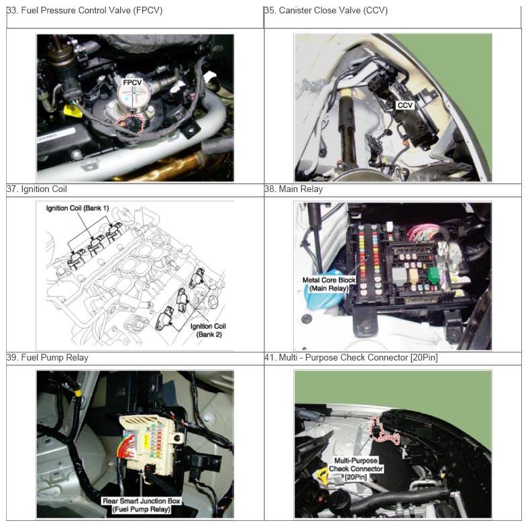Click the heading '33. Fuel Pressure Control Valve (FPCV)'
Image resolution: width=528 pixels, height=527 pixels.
(85, 11)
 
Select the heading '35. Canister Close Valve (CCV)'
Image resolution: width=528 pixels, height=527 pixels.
(326, 11)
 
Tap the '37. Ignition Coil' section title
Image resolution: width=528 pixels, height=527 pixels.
(37, 189)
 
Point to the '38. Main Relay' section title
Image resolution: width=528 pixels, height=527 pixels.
(294, 189)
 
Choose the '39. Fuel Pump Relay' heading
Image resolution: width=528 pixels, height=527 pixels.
(48, 358)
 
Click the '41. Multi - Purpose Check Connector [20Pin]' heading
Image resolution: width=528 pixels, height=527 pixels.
(351, 358)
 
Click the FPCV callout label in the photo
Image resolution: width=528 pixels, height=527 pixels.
(132, 83)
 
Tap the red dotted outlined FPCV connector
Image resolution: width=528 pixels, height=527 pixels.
(130, 122)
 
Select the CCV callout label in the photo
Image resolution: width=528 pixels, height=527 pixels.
(405, 105)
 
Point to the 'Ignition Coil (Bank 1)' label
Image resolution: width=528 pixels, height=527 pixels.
(77, 208)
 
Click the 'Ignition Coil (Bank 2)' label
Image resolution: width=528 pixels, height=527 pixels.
(208, 330)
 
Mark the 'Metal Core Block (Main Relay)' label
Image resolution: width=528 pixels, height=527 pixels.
(329, 284)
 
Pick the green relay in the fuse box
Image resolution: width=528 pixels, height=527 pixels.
(434, 276)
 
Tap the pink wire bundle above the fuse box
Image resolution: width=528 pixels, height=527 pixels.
(423, 232)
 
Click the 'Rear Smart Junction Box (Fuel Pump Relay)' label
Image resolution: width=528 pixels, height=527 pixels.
(142, 505)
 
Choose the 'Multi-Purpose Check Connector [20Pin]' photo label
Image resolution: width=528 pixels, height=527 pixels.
(356, 469)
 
